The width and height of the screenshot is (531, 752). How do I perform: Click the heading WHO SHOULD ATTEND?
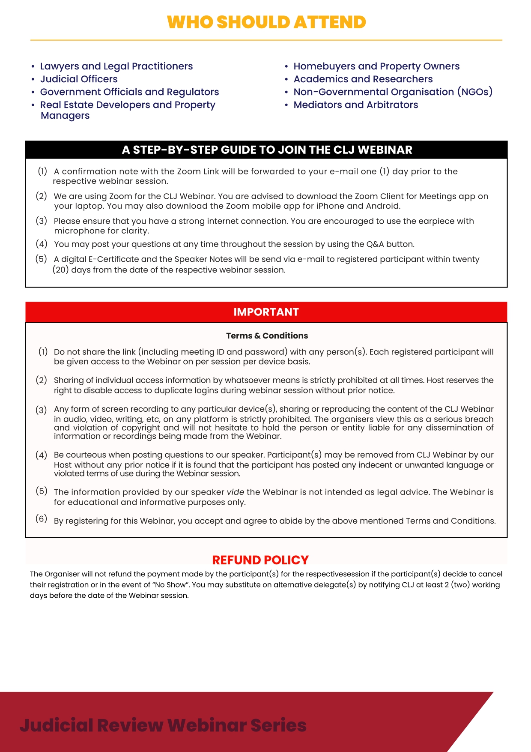266,22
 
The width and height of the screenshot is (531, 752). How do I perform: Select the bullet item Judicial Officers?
79,79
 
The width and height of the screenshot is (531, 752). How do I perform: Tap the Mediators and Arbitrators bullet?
355,105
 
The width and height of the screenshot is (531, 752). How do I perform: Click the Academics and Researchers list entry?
363,79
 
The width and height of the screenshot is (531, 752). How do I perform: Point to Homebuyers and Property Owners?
376,66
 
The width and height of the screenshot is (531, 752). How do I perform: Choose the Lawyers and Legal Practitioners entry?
116,66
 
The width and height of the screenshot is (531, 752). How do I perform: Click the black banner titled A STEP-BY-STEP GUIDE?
266,150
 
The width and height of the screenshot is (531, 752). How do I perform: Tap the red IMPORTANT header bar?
266,312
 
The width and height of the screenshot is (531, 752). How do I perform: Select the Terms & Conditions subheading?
267,336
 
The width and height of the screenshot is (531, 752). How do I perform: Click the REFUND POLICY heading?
260,560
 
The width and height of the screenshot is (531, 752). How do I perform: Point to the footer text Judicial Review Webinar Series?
163,725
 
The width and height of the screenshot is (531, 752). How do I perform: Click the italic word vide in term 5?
235,492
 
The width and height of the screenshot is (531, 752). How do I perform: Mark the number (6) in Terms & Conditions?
41,519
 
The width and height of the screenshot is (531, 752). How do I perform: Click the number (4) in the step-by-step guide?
41,244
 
